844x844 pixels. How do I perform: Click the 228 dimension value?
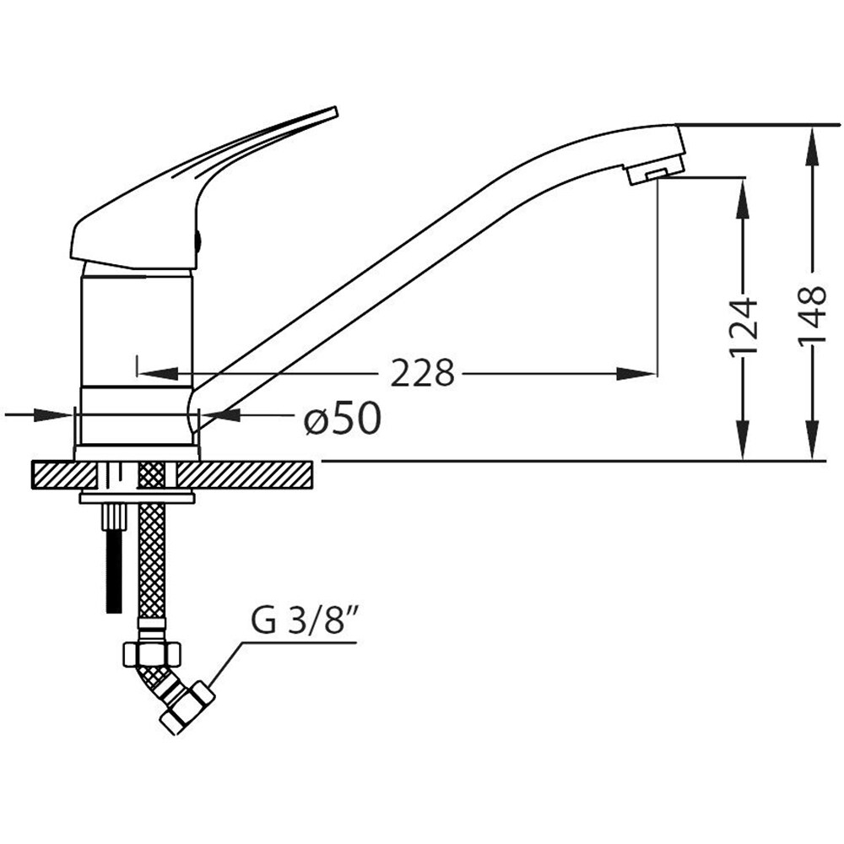422,372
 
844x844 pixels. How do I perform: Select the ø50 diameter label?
343,419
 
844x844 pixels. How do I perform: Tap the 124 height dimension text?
744,326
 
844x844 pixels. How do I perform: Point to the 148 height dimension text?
812,316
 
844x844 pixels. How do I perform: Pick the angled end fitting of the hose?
187,706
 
